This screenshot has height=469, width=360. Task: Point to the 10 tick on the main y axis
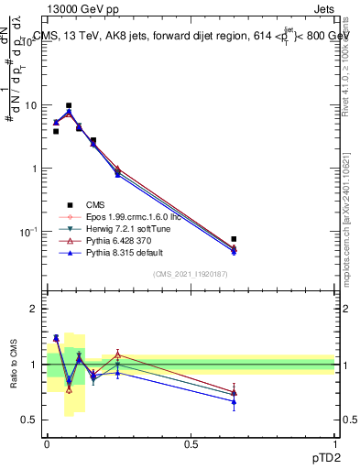pyautogui.click(x=35, y=105)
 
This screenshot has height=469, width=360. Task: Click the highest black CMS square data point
pyautogui.click(x=68, y=105)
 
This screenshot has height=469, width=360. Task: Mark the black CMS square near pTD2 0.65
pyautogui.click(x=235, y=239)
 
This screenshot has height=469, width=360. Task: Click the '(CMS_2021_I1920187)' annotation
pyautogui.click(x=191, y=274)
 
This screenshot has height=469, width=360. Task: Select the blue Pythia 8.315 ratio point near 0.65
pyautogui.click(x=235, y=401)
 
